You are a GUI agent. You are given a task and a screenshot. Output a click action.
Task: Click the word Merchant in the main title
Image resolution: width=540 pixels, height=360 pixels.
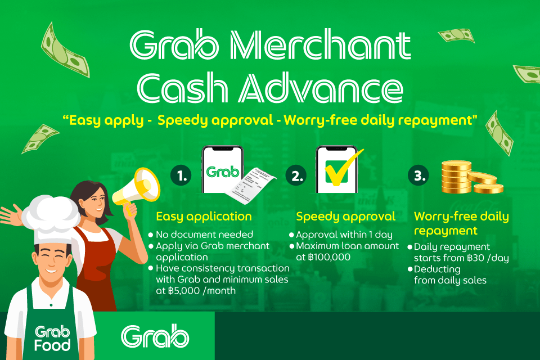320,45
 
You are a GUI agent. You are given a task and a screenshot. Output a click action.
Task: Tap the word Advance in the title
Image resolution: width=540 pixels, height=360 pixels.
321,88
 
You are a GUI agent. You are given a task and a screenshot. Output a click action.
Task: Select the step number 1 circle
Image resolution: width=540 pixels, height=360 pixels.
181,175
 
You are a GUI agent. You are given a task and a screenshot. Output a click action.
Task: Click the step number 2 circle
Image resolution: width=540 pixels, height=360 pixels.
296,175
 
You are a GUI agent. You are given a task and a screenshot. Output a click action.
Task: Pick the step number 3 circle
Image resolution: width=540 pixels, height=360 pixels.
418,175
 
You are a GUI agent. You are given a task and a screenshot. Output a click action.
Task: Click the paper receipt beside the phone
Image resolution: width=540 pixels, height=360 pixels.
250,185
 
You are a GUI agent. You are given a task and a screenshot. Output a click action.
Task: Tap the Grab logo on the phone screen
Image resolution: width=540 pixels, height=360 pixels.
223,172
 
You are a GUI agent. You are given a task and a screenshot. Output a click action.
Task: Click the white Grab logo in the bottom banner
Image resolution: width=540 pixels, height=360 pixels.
155,336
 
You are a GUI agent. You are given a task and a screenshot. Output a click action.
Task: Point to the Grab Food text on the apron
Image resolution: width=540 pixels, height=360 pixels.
52,338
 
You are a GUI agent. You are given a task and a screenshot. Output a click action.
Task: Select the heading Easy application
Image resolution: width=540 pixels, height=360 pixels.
204,217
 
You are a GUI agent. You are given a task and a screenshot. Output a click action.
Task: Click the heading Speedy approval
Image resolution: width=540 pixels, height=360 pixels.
346,217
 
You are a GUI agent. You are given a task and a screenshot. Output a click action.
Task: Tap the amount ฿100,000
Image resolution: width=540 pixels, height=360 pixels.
329,257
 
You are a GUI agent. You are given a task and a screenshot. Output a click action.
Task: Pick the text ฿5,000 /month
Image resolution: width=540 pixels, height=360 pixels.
202,290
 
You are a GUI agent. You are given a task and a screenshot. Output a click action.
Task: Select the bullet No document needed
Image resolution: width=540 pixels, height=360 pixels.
201,235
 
